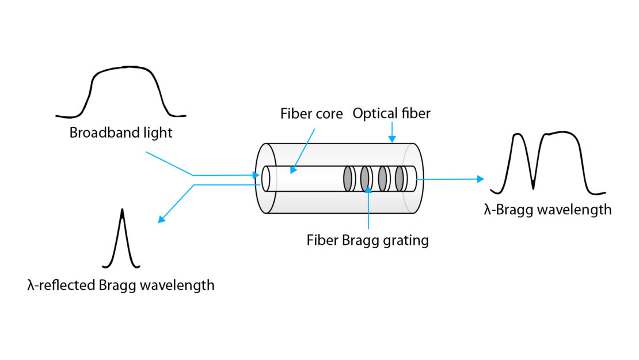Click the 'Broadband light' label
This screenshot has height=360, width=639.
pos(121,133)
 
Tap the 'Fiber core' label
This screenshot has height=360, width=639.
pos(311,113)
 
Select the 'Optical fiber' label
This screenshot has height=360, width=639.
pos(391,113)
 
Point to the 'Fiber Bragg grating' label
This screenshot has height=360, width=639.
pos(367,240)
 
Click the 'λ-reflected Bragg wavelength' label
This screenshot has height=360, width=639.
pos(120,285)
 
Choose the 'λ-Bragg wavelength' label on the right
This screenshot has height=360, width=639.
pos(547,210)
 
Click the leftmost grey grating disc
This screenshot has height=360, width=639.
pos(348,179)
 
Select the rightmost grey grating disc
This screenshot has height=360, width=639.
pos(399,179)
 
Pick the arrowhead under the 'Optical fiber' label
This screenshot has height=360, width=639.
pos(391,139)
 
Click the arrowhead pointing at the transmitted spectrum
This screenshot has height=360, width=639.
pos(480,179)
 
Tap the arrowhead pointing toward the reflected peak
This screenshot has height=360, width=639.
pos(162,219)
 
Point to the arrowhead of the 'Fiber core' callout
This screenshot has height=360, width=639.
pos(292,170)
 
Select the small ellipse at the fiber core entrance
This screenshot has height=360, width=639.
pos(265,179)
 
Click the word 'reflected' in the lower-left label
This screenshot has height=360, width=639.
pos(64,285)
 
